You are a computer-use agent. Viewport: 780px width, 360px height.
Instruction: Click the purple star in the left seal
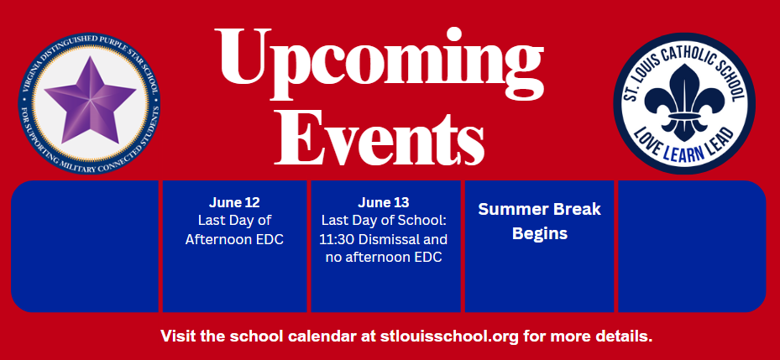pos(90,102)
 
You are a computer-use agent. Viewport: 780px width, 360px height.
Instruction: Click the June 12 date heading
pos(234,202)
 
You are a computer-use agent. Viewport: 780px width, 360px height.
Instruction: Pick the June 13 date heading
pos(384,202)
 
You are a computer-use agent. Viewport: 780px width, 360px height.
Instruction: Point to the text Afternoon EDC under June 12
pos(234,239)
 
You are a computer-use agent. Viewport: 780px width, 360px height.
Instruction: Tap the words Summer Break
pos(540,209)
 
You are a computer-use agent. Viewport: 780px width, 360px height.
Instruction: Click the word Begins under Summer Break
pos(540,233)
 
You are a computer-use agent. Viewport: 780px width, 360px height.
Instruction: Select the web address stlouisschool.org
pos(450,336)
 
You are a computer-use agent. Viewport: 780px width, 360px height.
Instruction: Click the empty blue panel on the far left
pos(85,246)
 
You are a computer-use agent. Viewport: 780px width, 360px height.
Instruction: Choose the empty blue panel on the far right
pos(692,246)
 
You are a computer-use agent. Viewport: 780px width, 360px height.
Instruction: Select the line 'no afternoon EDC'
pos(384,258)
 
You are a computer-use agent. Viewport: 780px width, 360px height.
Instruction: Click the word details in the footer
pos(625,336)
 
